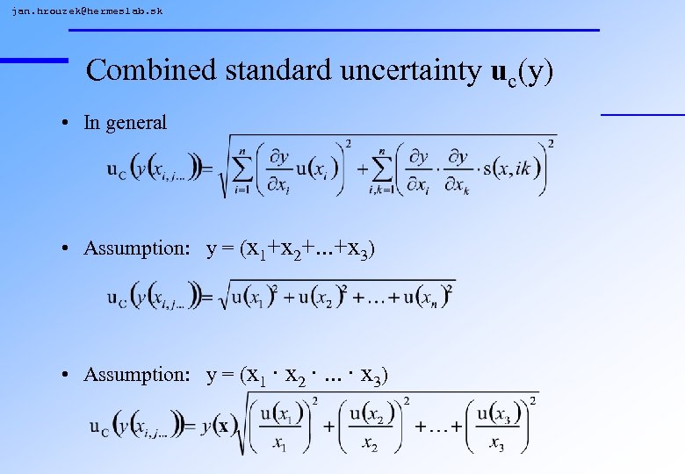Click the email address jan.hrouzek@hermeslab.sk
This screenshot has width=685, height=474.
[87, 11]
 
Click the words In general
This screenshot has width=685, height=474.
[125, 123]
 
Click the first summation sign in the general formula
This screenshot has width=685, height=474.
[244, 166]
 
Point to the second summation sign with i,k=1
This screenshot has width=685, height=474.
[380, 166]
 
